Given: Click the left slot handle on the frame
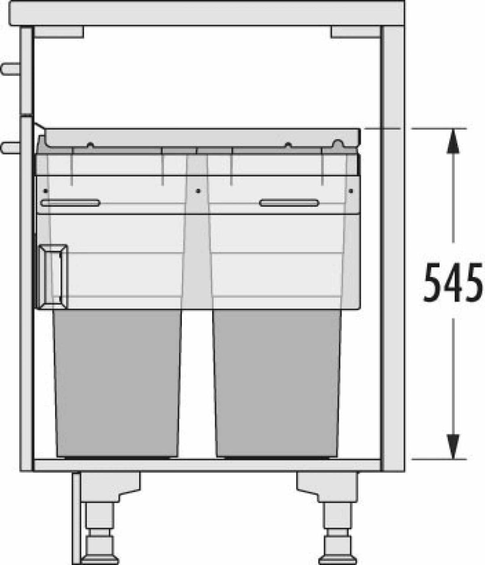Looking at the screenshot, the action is click(70, 203).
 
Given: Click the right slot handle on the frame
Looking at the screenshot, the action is click(289, 203).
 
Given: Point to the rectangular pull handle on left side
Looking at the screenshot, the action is click(53, 276).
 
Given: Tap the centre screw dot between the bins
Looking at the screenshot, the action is click(198, 191).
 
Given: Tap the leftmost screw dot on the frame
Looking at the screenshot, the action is click(46, 191).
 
